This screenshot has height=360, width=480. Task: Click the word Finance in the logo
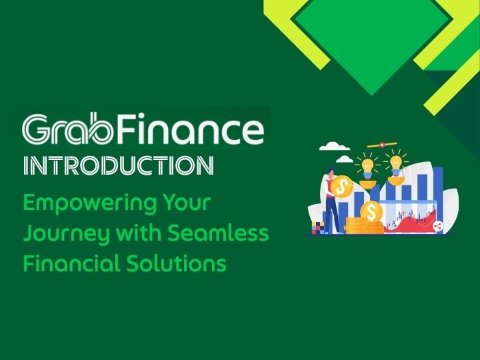coord(193,131)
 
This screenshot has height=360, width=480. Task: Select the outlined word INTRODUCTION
coord(118,166)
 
